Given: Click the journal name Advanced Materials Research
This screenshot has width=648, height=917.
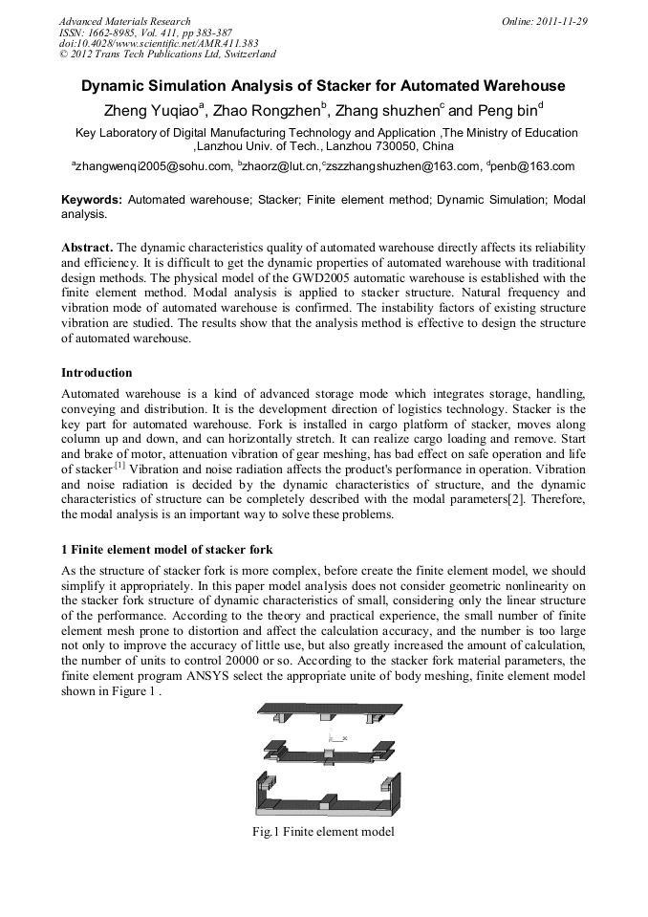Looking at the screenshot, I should coord(124,21).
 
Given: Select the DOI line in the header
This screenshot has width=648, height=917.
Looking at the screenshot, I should coord(159,43).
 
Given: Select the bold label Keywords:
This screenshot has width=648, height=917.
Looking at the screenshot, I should coord(92,201).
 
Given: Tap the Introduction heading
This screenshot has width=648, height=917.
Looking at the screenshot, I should coord(97,372).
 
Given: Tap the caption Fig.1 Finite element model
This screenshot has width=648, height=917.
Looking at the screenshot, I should coord(323,832).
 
